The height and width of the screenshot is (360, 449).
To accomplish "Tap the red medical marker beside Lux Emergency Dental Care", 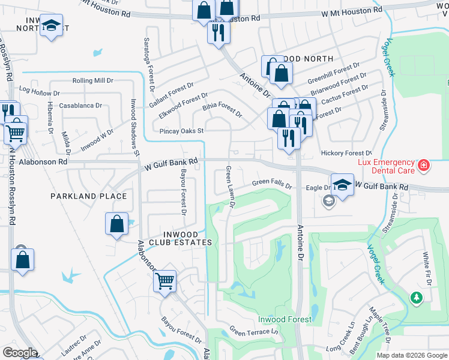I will coord(424,164).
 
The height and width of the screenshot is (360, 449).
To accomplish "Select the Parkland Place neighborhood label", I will coord(88,196).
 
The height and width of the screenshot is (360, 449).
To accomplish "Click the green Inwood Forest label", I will coord(285,319).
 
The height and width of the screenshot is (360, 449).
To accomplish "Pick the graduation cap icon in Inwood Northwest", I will coord(52,26).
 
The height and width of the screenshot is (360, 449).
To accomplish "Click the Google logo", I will coord(19,353).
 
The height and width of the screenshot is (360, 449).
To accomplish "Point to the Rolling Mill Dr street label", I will coord(92,80).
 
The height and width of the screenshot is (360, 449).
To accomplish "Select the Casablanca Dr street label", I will coord(81,106).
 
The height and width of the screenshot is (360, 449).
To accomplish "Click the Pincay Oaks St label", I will coord(182,130).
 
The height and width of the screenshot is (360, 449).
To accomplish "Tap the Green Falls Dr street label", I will coord(271,182).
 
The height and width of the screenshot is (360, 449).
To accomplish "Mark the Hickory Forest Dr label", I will coord(346,153).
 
